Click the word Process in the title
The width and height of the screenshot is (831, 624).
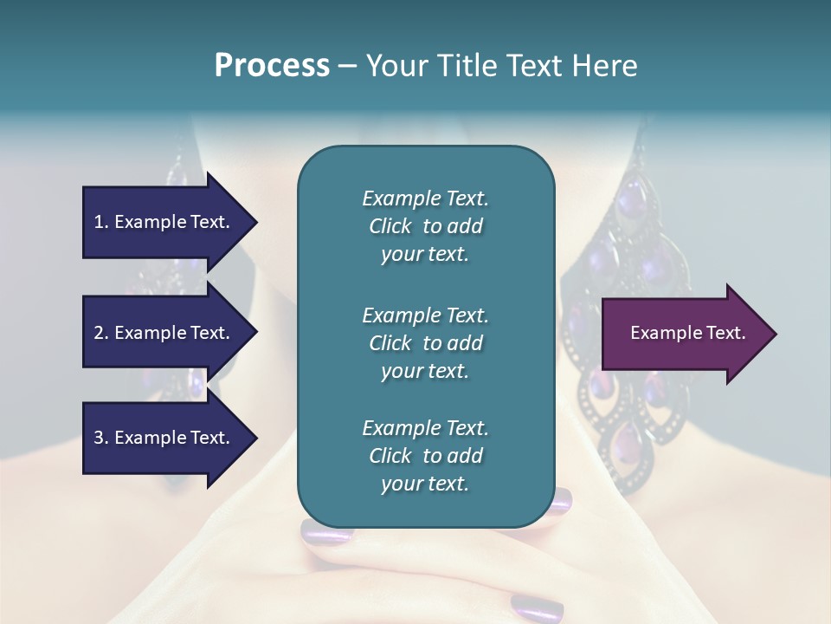272,66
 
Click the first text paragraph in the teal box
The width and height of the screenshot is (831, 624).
425,226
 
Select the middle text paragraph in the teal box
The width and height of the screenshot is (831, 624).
425,342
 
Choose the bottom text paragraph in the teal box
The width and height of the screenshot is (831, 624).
425,456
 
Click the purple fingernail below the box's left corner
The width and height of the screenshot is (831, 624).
326,531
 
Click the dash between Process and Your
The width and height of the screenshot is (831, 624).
347,67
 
